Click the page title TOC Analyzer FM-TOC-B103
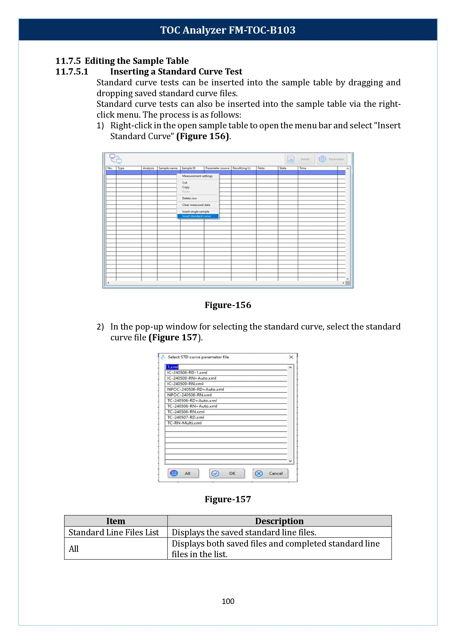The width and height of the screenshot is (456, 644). click(x=228, y=30)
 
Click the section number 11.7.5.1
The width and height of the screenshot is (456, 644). click(x=72, y=72)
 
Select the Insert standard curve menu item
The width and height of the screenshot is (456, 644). click(x=196, y=216)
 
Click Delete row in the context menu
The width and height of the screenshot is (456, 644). click(x=189, y=198)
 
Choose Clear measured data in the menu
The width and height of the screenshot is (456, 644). click(x=196, y=205)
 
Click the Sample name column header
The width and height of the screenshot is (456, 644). click(x=168, y=168)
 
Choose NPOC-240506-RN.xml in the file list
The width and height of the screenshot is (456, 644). click(x=189, y=395)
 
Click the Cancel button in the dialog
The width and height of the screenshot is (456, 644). click(x=270, y=473)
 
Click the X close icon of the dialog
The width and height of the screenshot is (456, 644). click(x=291, y=357)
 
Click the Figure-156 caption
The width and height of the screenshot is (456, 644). click(x=228, y=305)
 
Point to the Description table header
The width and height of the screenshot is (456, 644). click(x=279, y=521)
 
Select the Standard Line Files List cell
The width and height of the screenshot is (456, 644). click(x=114, y=532)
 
